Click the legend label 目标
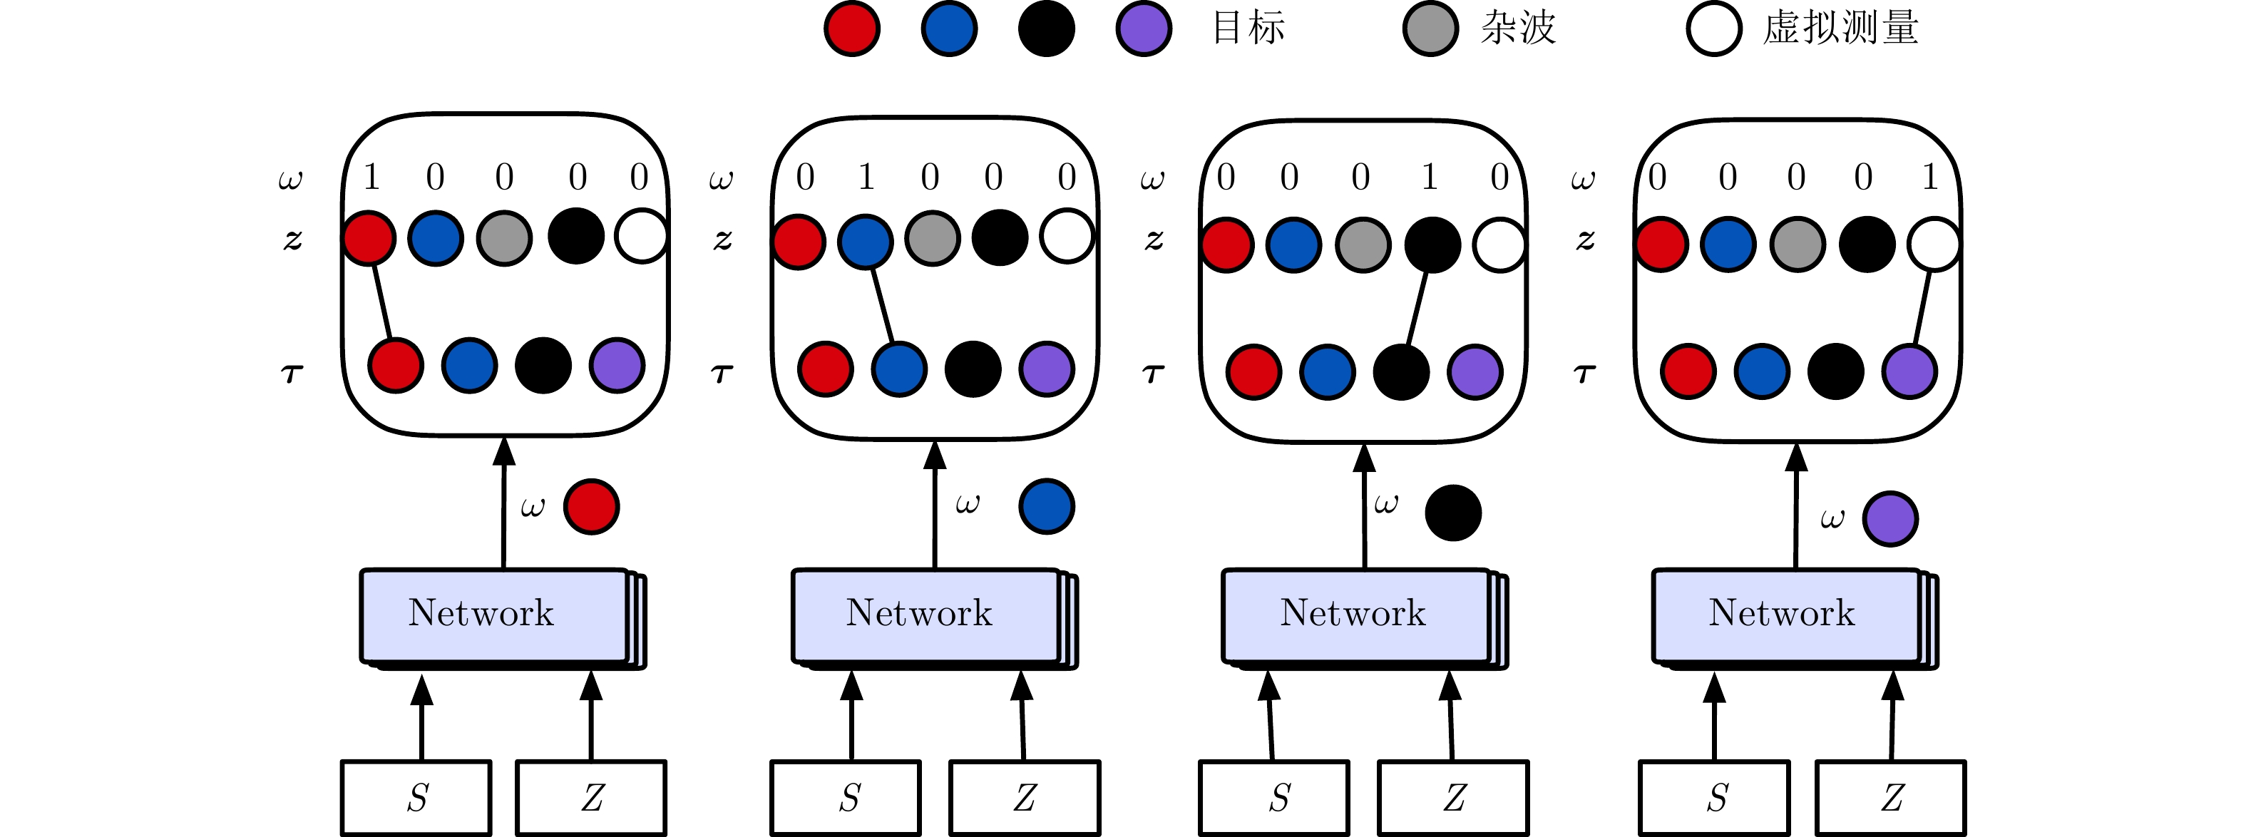pyautogui.click(x=1248, y=28)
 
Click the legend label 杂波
pyautogui.click(x=1518, y=28)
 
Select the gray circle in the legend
pyautogui.click(x=1430, y=29)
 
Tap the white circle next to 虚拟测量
pyautogui.click(x=1714, y=29)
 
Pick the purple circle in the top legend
pyautogui.click(x=1144, y=29)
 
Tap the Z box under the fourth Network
pyautogui.click(x=1891, y=798)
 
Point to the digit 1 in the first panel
pyautogui.click(x=371, y=177)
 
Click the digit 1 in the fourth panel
pyautogui.click(x=1930, y=177)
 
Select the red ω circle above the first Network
pyautogui.click(x=591, y=505)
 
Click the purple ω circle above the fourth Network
pyautogui.click(x=1890, y=519)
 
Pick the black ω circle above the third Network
pyautogui.click(x=1453, y=513)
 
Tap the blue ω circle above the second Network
pyautogui.click(x=1046, y=505)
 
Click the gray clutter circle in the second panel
pyautogui.click(x=932, y=238)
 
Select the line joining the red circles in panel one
pyautogui.click(x=382, y=302)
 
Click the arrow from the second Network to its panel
pyautogui.click(x=935, y=505)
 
